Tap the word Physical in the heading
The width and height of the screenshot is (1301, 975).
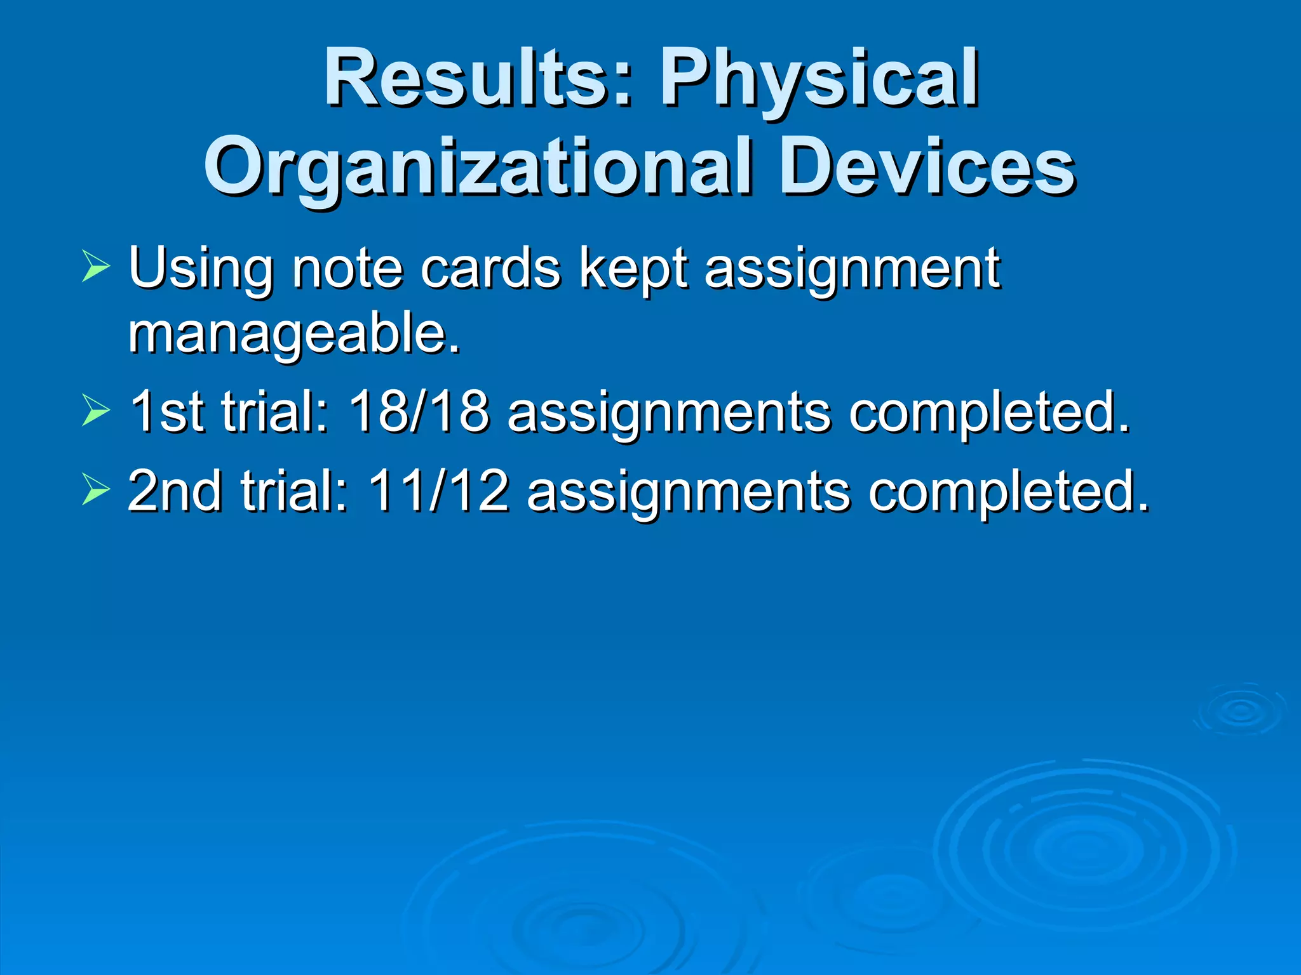tap(819, 79)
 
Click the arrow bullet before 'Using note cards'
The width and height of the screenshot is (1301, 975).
tap(95, 266)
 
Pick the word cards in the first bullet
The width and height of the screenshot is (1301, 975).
tap(490, 269)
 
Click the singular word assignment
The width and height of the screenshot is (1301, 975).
tap(852, 269)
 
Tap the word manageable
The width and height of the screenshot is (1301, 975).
tap(293, 335)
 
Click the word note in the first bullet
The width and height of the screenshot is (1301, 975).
tap(347, 269)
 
